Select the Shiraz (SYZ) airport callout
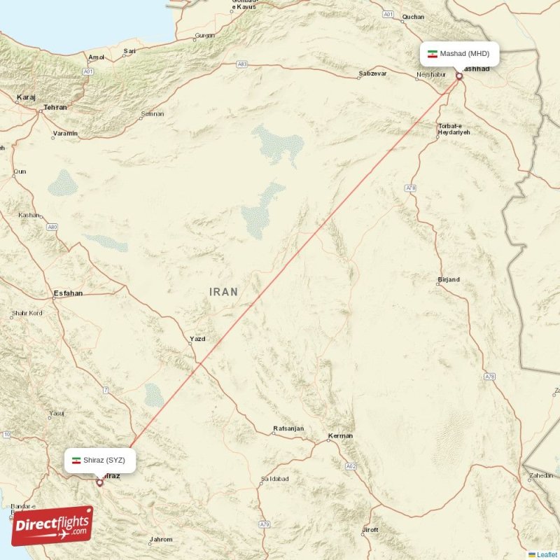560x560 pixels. point(98,460)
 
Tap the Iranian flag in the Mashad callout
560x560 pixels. point(433,54)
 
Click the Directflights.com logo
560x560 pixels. point(52,526)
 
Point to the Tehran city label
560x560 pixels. point(55,107)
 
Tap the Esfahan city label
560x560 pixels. point(68,293)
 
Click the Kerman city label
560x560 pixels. point(341,436)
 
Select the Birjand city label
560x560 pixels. point(448,280)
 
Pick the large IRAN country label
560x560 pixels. point(223,292)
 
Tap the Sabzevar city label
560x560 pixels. point(372,73)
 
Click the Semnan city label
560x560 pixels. point(152,113)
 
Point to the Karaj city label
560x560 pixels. point(26,98)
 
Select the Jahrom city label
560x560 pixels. point(160,540)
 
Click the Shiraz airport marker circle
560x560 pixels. point(99,482)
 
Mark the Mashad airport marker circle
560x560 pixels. point(459,76)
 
